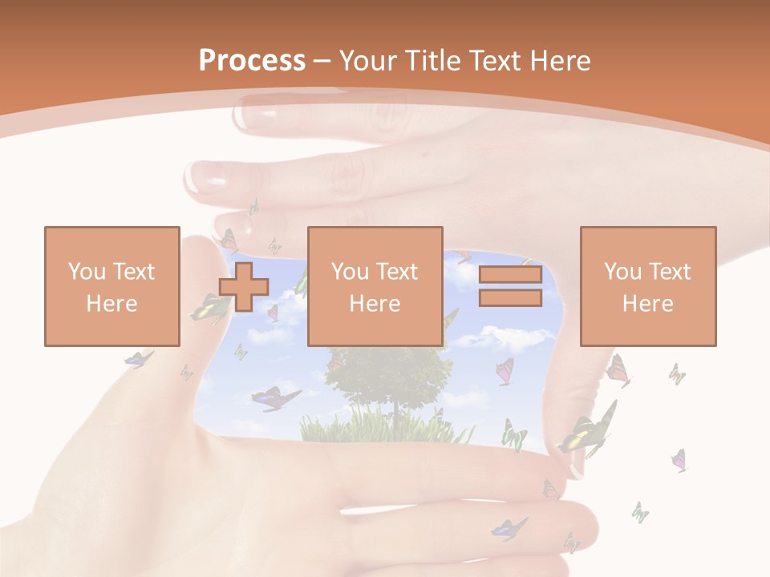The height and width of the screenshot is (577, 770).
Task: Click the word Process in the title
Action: tap(252, 61)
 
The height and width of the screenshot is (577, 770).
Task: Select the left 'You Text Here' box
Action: tap(111, 286)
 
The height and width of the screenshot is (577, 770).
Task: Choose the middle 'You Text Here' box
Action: tap(375, 286)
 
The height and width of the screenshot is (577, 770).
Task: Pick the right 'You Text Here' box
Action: tap(647, 286)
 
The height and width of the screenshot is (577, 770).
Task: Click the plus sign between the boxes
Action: tap(244, 286)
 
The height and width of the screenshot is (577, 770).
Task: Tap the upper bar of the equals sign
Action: tap(510, 275)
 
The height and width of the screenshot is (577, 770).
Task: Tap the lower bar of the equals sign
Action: tap(510, 297)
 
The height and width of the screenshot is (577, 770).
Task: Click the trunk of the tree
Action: tap(395, 417)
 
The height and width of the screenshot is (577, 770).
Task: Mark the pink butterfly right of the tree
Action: tap(505, 370)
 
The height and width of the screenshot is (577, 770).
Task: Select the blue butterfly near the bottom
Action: tap(509, 528)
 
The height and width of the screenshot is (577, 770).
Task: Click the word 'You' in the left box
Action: tap(87, 272)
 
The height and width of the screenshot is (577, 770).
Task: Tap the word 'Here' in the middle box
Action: tap(375, 304)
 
